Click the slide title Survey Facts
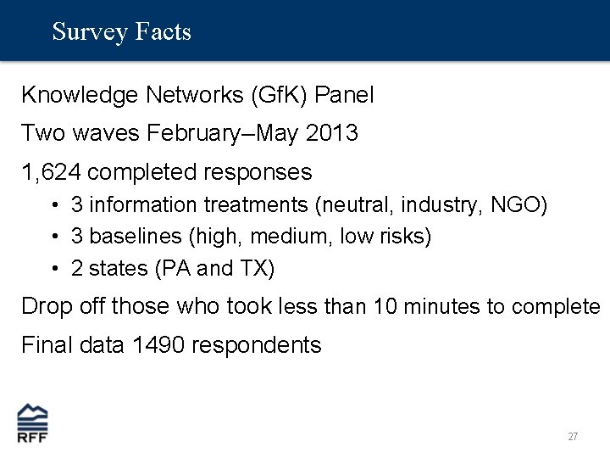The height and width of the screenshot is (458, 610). [x=121, y=32]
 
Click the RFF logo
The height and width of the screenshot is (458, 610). [x=33, y=422]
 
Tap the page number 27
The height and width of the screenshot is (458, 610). [x=573, y=437]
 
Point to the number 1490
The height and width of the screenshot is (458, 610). [x=161, y=345]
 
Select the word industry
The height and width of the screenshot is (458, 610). [x=440, y=205]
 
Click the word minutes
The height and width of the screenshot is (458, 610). [x=446, y=306]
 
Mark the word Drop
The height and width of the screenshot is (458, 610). [x=45, y=306]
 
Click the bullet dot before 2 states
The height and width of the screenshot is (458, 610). [x=53, y=270]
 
